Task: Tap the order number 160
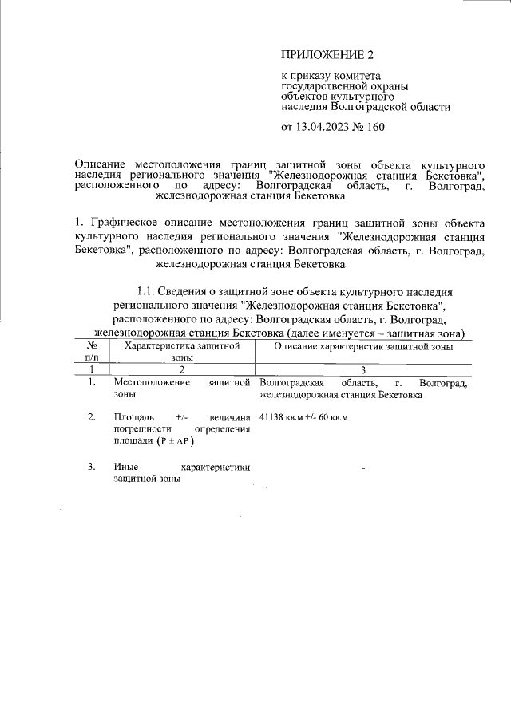(x=378, y=126)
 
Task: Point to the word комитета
(x=343, y=77)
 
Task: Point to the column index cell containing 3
(x=363, y=369)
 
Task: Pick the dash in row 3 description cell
(x=363, y=468)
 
